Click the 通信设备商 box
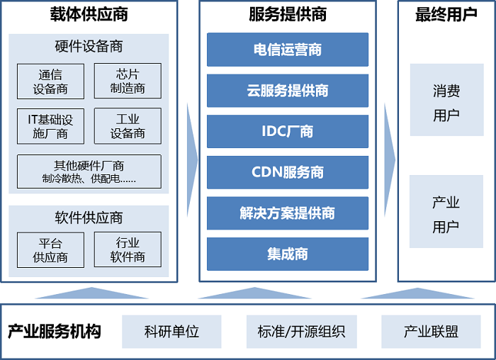(x=50, y=81)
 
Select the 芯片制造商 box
(x=128, y=81)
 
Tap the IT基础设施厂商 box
(x=50, y=125)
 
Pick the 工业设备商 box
(x=128, y=125)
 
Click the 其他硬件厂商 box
(x=89, y=171)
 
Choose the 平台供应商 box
(x=50, y=250)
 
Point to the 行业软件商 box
(x=128, y=250)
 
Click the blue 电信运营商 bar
(x=288, y=50)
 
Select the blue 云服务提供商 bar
(x=288, y=91)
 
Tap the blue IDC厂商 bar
(x=288, y=131)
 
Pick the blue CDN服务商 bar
(x=288, y=172)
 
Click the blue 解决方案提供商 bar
(x=288, y=213)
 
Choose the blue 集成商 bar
(x=288, y=254)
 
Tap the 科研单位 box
(x=171, y=332)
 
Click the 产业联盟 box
(x=431, y=332)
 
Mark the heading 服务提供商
(x=288, y=14)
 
